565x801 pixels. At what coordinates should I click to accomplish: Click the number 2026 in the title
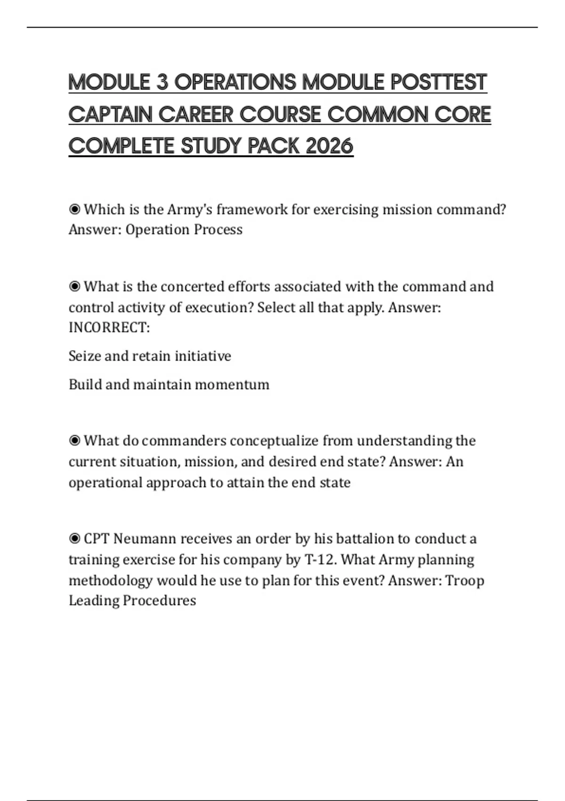(329, 146)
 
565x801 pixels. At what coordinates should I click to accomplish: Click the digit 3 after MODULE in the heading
(162, 82)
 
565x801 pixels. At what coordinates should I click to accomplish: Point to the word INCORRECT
(109, 327)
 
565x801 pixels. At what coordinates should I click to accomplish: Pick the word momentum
(232, 384)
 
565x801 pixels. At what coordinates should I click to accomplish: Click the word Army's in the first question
(190, 209)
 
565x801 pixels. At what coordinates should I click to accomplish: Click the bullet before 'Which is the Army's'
(74, 209)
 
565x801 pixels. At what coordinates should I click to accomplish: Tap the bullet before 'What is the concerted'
(74, 286)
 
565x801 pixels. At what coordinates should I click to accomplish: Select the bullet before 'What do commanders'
(74, 441)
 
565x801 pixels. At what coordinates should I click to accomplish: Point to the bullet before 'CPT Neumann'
(74, 538)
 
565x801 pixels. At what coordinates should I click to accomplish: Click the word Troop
(464, 580)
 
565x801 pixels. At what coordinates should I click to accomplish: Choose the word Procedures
(159, 600)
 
